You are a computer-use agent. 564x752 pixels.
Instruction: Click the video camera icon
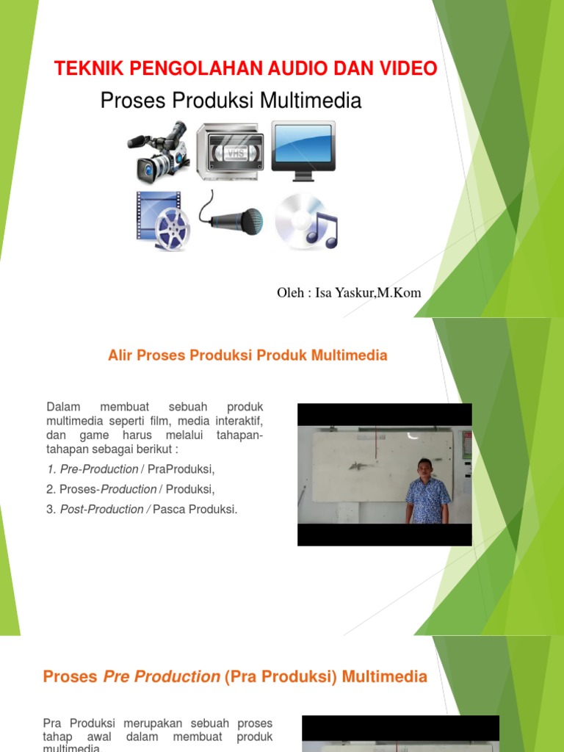159,151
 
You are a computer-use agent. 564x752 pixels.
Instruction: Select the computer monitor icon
303,148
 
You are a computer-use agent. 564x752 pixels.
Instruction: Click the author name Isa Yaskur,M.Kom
368,293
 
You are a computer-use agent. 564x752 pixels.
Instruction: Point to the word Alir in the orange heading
120,355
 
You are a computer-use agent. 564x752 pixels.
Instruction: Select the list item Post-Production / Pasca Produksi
142,509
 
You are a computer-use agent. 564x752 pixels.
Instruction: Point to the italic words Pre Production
162,676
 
